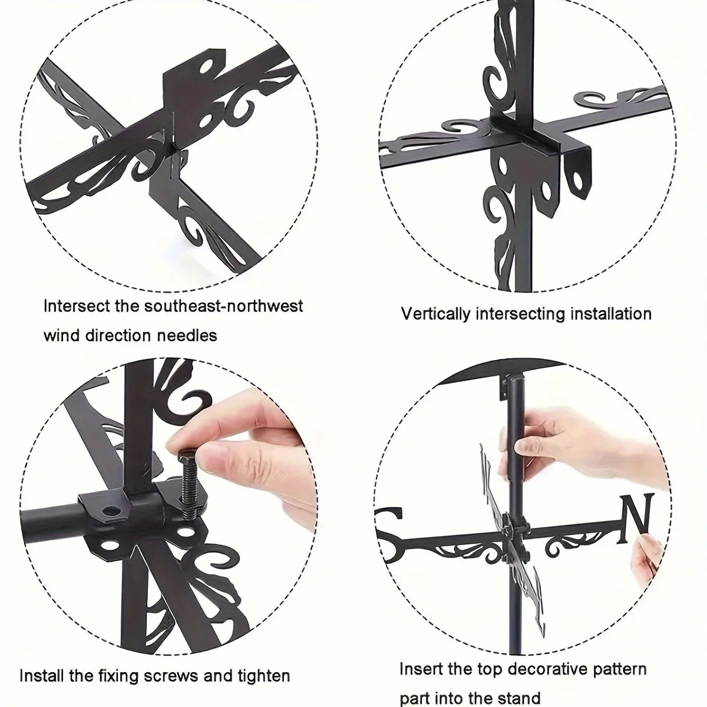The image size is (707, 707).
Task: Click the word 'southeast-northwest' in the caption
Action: pyautogui.click(x=223, y=306)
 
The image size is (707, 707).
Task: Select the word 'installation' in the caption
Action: pyautogui.click(x=608, y=314)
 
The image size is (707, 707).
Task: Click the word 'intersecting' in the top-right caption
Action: pyautogui.click(x=518, y=315)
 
